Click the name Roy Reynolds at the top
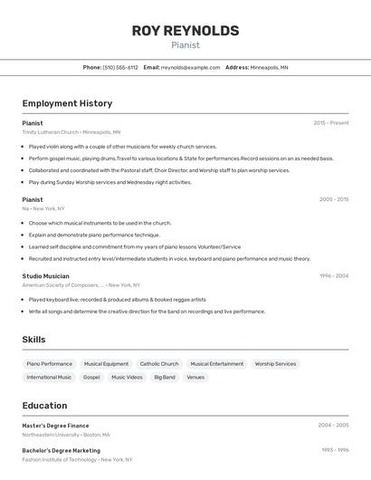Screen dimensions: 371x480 click(x=185, y=31)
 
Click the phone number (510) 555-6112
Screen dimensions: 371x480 click(x=120, y=67)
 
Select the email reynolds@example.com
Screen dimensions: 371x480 click(x=190, y=67)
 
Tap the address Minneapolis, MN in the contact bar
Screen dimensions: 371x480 click(x=269, y=67)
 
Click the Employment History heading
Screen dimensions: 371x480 click(x=67, y=103)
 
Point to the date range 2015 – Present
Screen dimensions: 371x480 click(x=330, y=123)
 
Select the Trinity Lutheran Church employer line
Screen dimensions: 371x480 click(x=71, y=132)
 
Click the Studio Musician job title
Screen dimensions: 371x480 click(x=45, y=275)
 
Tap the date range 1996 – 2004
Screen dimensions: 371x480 click(x=333, y=275)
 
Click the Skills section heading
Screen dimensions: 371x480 click(x=34, y=340)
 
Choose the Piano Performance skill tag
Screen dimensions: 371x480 click(x=50, y=364)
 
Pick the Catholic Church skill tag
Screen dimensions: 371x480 click(x=159, y=364)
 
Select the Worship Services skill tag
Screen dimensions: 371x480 click(x=275, y=364)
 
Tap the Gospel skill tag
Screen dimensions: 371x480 click(x=91, y=377)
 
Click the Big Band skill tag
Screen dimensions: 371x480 click(x=165, y=377)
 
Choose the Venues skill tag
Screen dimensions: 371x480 click(x=195, y=377)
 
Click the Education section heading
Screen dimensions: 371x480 click(x=44, y=406)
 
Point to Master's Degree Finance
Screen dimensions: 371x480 click(x=55, y=425)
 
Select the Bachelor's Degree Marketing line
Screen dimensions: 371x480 click(x=62, y=450)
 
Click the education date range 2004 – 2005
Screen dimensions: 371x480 click(x=333, y=425)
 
